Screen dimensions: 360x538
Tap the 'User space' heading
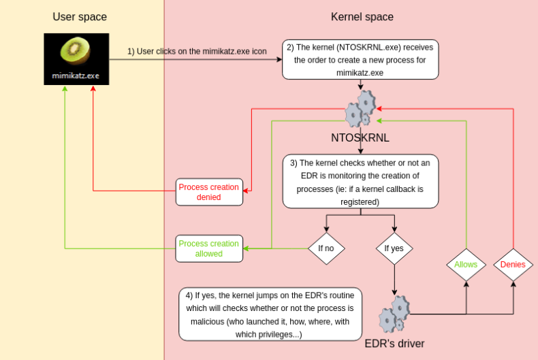tap(80, 16)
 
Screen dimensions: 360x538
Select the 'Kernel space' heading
tap(362, 16)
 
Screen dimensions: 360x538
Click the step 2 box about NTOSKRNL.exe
tap(360, 60)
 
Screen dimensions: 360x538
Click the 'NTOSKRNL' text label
tap(360, 138)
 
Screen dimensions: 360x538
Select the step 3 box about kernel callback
tap(360, 182)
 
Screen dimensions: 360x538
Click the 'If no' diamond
tap(326, 248)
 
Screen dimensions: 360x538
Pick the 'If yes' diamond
tap(394, 248)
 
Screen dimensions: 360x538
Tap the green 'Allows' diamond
tap(466, 264)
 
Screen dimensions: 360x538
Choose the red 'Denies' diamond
tap(513, 264)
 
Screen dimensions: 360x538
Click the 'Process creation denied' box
tap(208, 192)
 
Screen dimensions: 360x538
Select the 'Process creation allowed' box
tap(208, 248)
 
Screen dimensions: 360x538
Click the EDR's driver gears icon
tap(395, 314)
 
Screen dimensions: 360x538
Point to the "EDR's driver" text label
tap(394, 344)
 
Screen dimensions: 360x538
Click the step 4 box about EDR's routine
tap(270, 315)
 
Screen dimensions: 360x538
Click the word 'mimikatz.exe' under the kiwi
tap(76, 76)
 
